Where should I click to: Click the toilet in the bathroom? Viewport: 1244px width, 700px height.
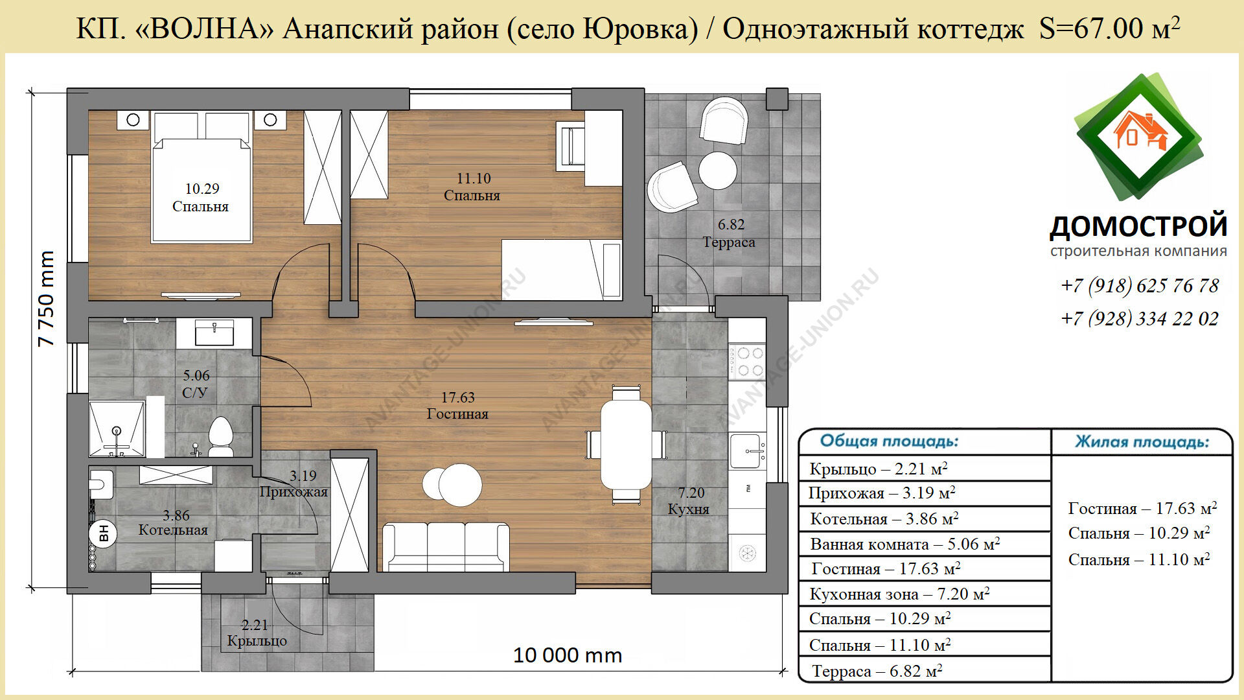[x=220, y=436]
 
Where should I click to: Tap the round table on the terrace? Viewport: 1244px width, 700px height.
[x=718, y=170]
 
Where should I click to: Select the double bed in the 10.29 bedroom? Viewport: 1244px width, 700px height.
[x=202, y=178]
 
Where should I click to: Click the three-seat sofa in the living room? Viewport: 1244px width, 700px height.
[x=446, y=547]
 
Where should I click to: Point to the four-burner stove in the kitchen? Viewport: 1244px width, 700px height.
[x=748, y=362]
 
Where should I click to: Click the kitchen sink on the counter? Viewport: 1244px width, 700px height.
[x=749, y=450]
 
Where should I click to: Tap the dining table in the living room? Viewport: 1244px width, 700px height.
[x=626, y=445]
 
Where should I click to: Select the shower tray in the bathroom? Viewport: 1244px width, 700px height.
[x=117, y=429]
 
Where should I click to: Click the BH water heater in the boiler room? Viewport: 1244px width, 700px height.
[x=102, y=533]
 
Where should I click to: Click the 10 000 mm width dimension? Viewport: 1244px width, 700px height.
[x=568, y=655]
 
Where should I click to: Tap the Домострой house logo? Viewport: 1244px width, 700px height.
[x=1139, y=137]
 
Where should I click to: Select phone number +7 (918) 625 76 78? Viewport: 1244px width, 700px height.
[x=1140, y=285]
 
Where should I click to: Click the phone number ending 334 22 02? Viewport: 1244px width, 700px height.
[x=1140, y=318]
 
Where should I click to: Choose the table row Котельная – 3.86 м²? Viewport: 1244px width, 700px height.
[x=884, y=519]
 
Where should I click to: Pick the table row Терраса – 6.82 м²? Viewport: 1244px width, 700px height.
[x=877, y=671]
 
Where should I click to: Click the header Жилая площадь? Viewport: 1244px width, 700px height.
[x=1142, y=442]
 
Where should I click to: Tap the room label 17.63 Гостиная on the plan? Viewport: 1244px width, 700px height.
[x=457, y=406]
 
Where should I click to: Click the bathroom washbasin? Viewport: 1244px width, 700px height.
[x=214, y=333]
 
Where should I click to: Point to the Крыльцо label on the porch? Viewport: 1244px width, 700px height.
[x=257, y=641]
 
